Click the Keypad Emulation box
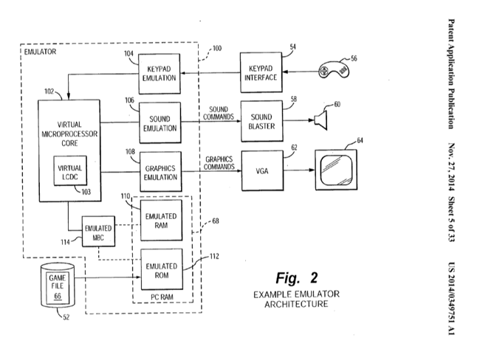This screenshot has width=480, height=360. pos(160,74)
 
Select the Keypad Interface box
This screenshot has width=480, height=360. pos(261,74)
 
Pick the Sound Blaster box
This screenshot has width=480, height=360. pos(261,121)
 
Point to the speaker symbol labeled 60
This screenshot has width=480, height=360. pos(321,120)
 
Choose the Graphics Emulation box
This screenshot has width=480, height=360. pos(160,172)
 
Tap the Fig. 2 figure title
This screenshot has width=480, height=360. pos(295,278)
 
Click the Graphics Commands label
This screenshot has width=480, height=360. pos(219,162)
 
